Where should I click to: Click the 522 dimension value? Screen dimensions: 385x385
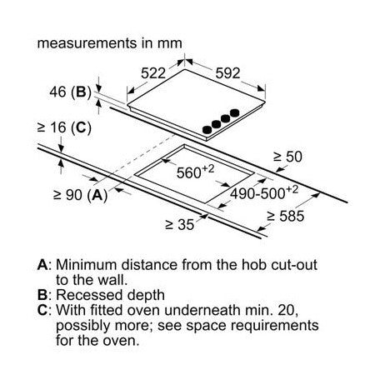153,73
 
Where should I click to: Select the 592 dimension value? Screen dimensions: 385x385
227,73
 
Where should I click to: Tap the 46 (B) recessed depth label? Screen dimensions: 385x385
71,92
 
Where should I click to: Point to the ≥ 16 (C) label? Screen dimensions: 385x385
64,127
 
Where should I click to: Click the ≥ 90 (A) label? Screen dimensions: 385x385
81,195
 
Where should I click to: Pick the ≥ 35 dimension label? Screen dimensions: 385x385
180,224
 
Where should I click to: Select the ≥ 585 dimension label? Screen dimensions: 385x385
286,216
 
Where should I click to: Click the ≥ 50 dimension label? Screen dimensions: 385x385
287,157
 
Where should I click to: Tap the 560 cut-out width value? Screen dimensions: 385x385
196,172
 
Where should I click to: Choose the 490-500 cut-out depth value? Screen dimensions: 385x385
264,192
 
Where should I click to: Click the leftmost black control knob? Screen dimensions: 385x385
207,129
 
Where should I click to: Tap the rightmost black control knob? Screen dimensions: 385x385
235,112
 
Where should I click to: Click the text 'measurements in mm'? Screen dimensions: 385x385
110,43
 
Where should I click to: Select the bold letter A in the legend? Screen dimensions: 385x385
42,265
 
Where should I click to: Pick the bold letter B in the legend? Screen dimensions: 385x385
42,295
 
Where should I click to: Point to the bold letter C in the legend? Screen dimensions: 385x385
42,310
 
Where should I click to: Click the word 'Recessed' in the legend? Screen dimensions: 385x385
89,295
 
